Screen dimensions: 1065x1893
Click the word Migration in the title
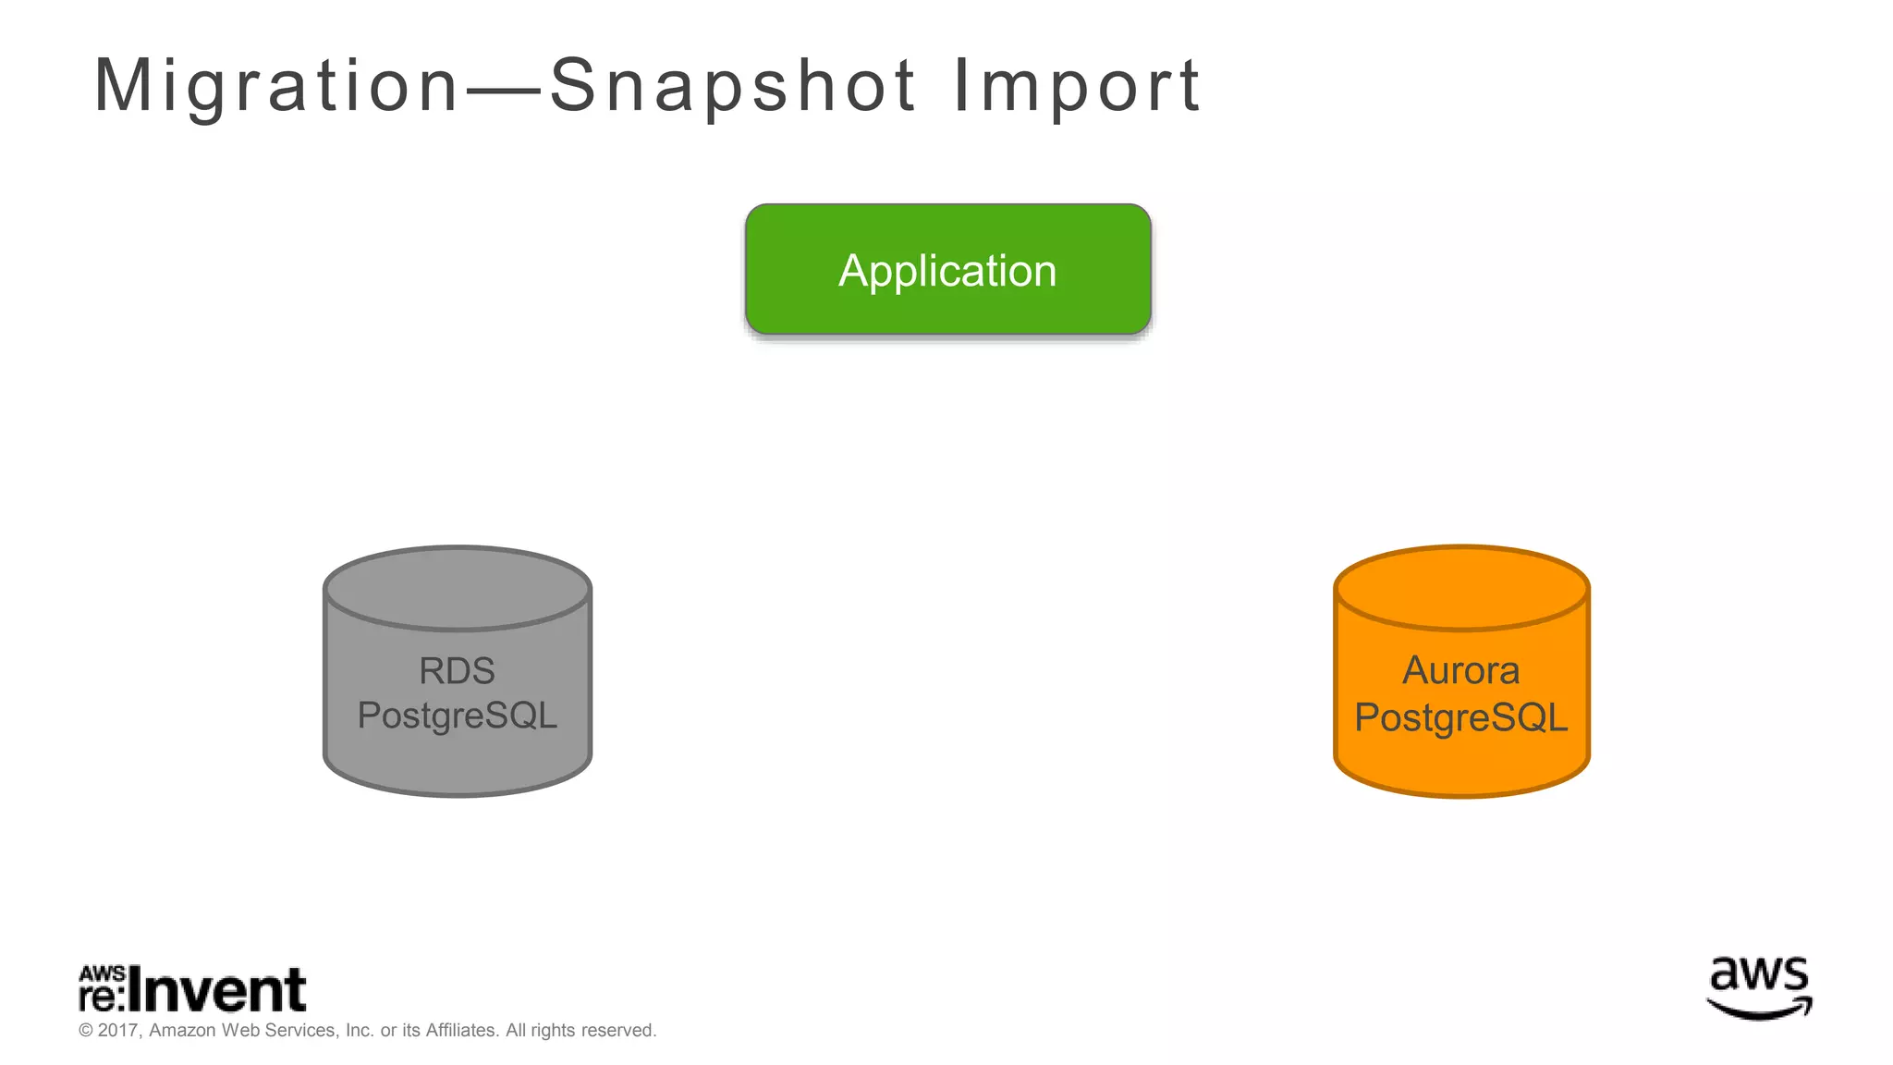pyautogui.click(x=275, y=85)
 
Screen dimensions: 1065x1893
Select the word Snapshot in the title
pyautogui.click(x=733, y=85)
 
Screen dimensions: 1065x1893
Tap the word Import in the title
pyautogui.click(x=1076, y=85)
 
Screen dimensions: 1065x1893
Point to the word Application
pyautogui.click(x=947, y=271)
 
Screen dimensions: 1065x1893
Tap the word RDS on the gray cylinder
pyautogui.click(x=457, y=671)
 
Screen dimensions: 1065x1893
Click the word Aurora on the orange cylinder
pyautogui.click(x=1460, y=671)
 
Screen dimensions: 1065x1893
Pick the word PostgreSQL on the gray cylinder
pyautogui.click(x=457, y=716)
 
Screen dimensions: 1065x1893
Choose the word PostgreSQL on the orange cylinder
pyautogui.click(x=1460, y=717)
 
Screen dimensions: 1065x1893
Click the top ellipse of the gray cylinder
pyautogui.click(x=458, y=589)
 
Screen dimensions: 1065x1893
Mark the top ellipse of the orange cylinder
pyautogui.click(x=1461, y=589)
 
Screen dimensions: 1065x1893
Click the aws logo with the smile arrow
pyautogui.click(x=1759, y=988)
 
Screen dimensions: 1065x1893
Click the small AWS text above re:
pyautogui.click(x=102, y=973)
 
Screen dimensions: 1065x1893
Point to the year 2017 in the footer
pyautogui.click(x=117, y=1030)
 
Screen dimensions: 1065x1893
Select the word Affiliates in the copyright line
pyautogui.click(x=461, y=1030)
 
